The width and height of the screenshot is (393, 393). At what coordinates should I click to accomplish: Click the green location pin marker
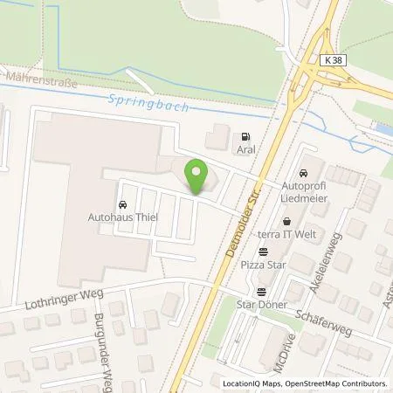pos(196,175)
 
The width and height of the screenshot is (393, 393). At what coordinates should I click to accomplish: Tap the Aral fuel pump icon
pos(245,136)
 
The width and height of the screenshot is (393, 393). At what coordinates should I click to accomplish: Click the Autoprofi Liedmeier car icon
pos(303,173)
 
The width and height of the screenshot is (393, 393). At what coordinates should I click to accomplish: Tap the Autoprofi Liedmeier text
pos(303,193)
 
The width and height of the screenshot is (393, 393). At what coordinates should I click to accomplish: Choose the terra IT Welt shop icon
pos(286,221)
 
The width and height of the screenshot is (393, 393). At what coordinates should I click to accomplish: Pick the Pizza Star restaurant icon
pos(263,252)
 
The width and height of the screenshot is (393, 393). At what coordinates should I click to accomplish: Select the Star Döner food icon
pos(261,292)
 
